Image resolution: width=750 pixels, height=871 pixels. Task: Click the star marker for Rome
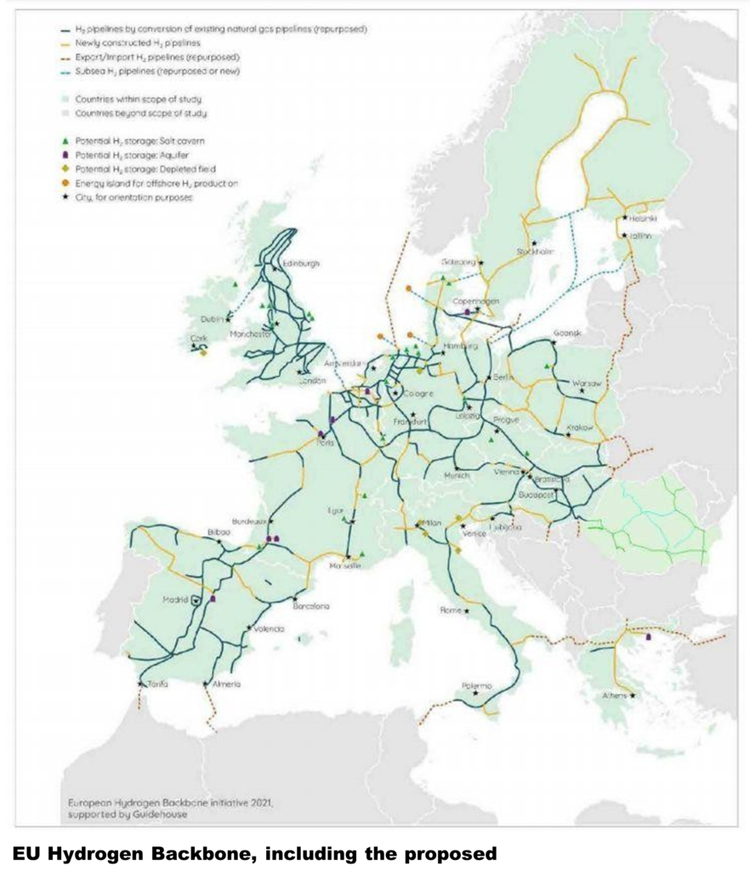pyautogui.click(x=466, y=611)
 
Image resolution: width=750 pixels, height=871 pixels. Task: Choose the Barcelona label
pyautogui.click(x=310, y=606)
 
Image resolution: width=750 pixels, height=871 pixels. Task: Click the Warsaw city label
pyautogui.click(x=588, y=384)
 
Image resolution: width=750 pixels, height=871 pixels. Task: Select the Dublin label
pyautogui.click(x=212, y=319)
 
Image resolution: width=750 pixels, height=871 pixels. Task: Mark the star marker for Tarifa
pyautogui.click(x=140, y=682)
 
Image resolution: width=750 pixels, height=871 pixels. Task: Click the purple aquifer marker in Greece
pyautogui.click(x=649, y=635)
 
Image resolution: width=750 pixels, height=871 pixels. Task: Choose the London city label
pyautogui.click(x=313, y=381)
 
